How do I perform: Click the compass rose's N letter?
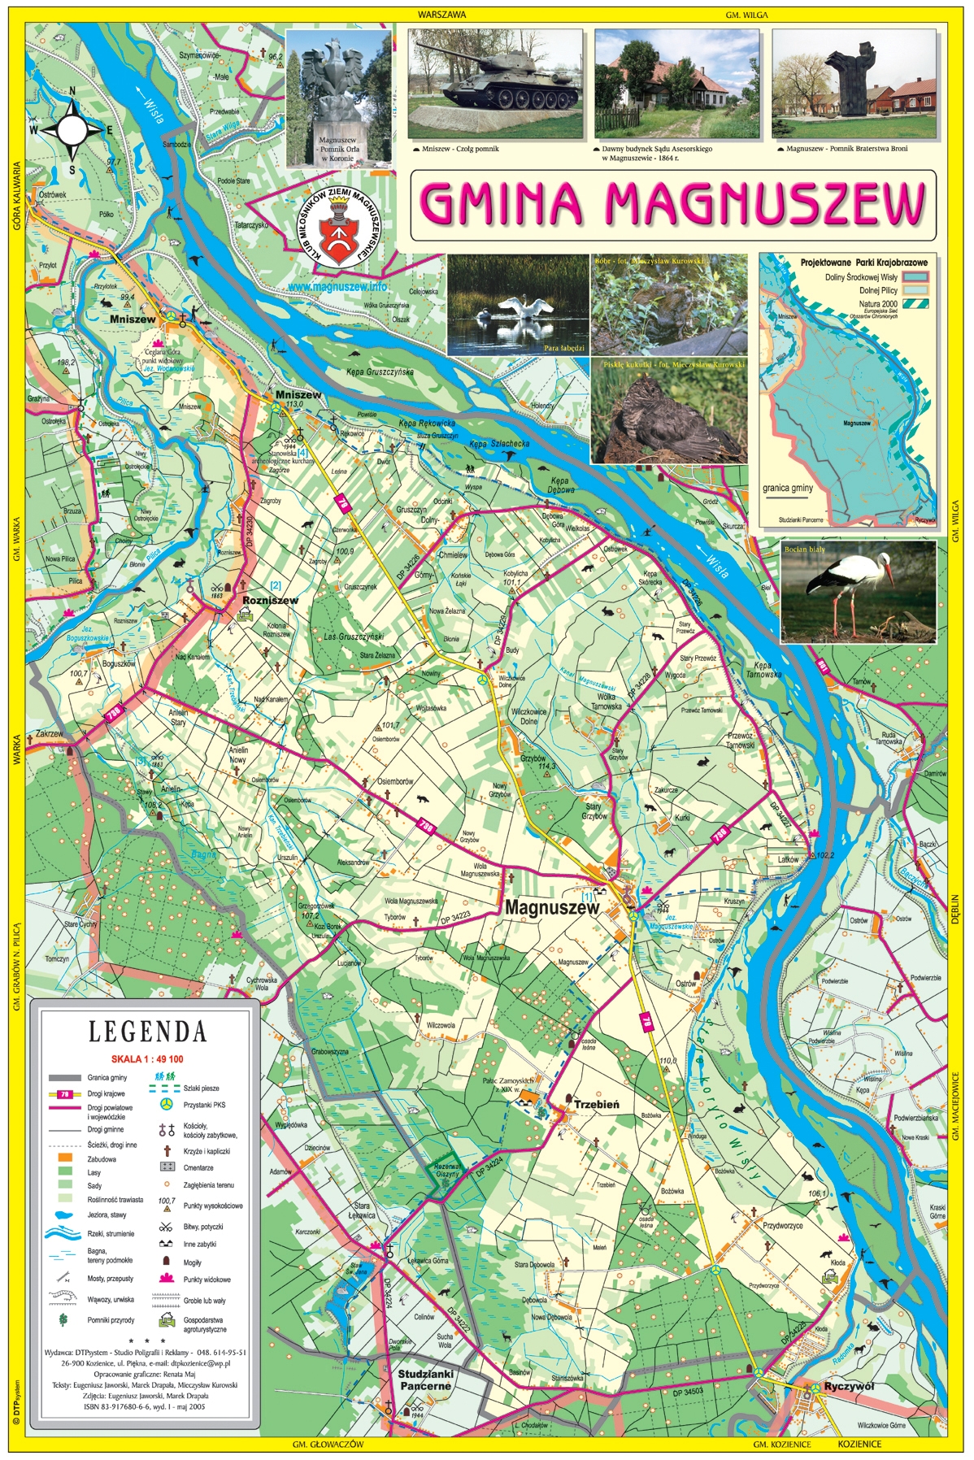click(x=72, y=92)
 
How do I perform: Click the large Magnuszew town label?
click(x=552, y=908)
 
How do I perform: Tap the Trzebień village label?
click(x=596, y=1104)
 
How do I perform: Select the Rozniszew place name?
click(x=270, y=601)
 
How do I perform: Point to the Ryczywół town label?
click(x=849, y=1387)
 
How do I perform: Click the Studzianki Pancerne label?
click(x=425, y=1380)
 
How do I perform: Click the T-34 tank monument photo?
click(x=495, y=84)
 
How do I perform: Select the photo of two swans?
click(x=517, y=304)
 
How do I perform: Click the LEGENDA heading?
click(x=147, y=1032)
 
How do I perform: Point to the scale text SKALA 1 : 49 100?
click(x=147, y=1059)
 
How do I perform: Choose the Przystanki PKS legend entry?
click(x=204, y=1105)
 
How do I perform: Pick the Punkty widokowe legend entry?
click(x=207, y=1280)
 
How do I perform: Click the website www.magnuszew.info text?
click(x=337, y=287)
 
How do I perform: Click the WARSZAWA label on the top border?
click(x=441, y=15)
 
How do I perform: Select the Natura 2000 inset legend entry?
click(x=878, y=304)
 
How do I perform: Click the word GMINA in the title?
click(x=503, y=203)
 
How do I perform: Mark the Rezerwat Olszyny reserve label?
click(x=446, y=1170)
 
